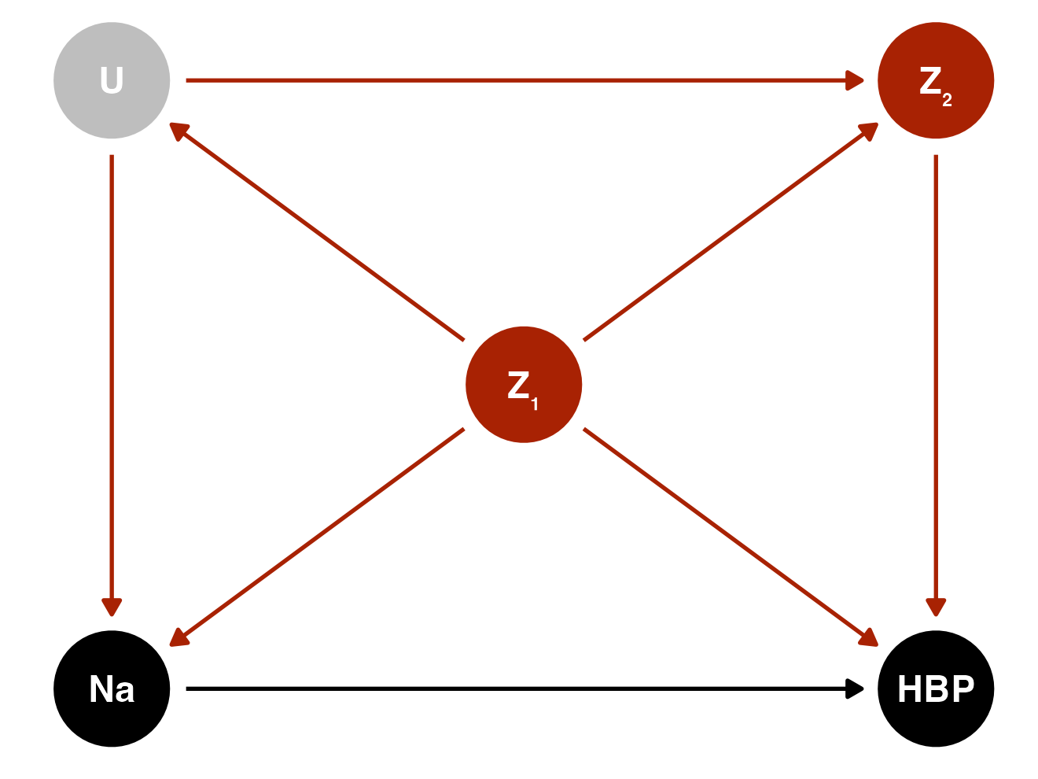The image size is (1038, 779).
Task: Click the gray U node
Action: [112, 80]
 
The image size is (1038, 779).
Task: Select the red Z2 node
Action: [936, 80]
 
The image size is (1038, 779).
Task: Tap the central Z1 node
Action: [524, 385]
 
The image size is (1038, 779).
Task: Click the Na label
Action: [112, 690]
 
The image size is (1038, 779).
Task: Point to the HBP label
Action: [936, 690]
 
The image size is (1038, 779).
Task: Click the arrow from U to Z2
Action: [519, 80]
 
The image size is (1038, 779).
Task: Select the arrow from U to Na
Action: [112, 378]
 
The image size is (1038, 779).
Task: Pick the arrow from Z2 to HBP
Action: [936, 378]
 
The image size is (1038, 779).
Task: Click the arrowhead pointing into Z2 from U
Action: [856, 80]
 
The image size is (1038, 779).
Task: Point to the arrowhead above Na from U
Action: [112, 607]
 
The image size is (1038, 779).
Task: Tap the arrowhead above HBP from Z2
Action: [936, 607]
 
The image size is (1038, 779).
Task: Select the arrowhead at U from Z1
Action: [179, 130]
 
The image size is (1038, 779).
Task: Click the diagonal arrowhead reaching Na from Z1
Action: [179, 639]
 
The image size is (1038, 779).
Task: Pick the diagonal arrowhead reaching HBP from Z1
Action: [869, 639]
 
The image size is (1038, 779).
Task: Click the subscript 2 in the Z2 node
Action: [947, 100]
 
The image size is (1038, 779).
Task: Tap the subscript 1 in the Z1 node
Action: [535, 405]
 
